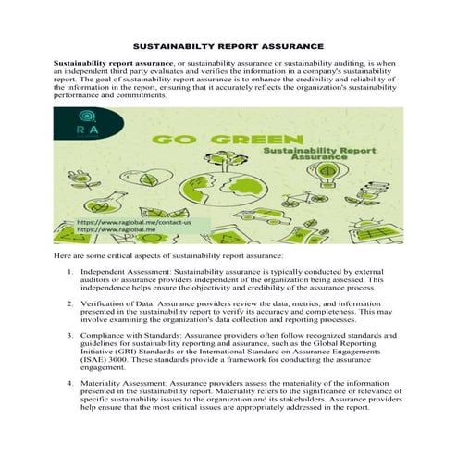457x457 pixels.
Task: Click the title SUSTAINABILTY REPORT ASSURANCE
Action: pyautogui.click(x=228, y=45)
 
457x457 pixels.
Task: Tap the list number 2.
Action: pyautogui.click(x=70, y=303)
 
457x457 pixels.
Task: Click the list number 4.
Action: pyautogui.click(x=70, y=381)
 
